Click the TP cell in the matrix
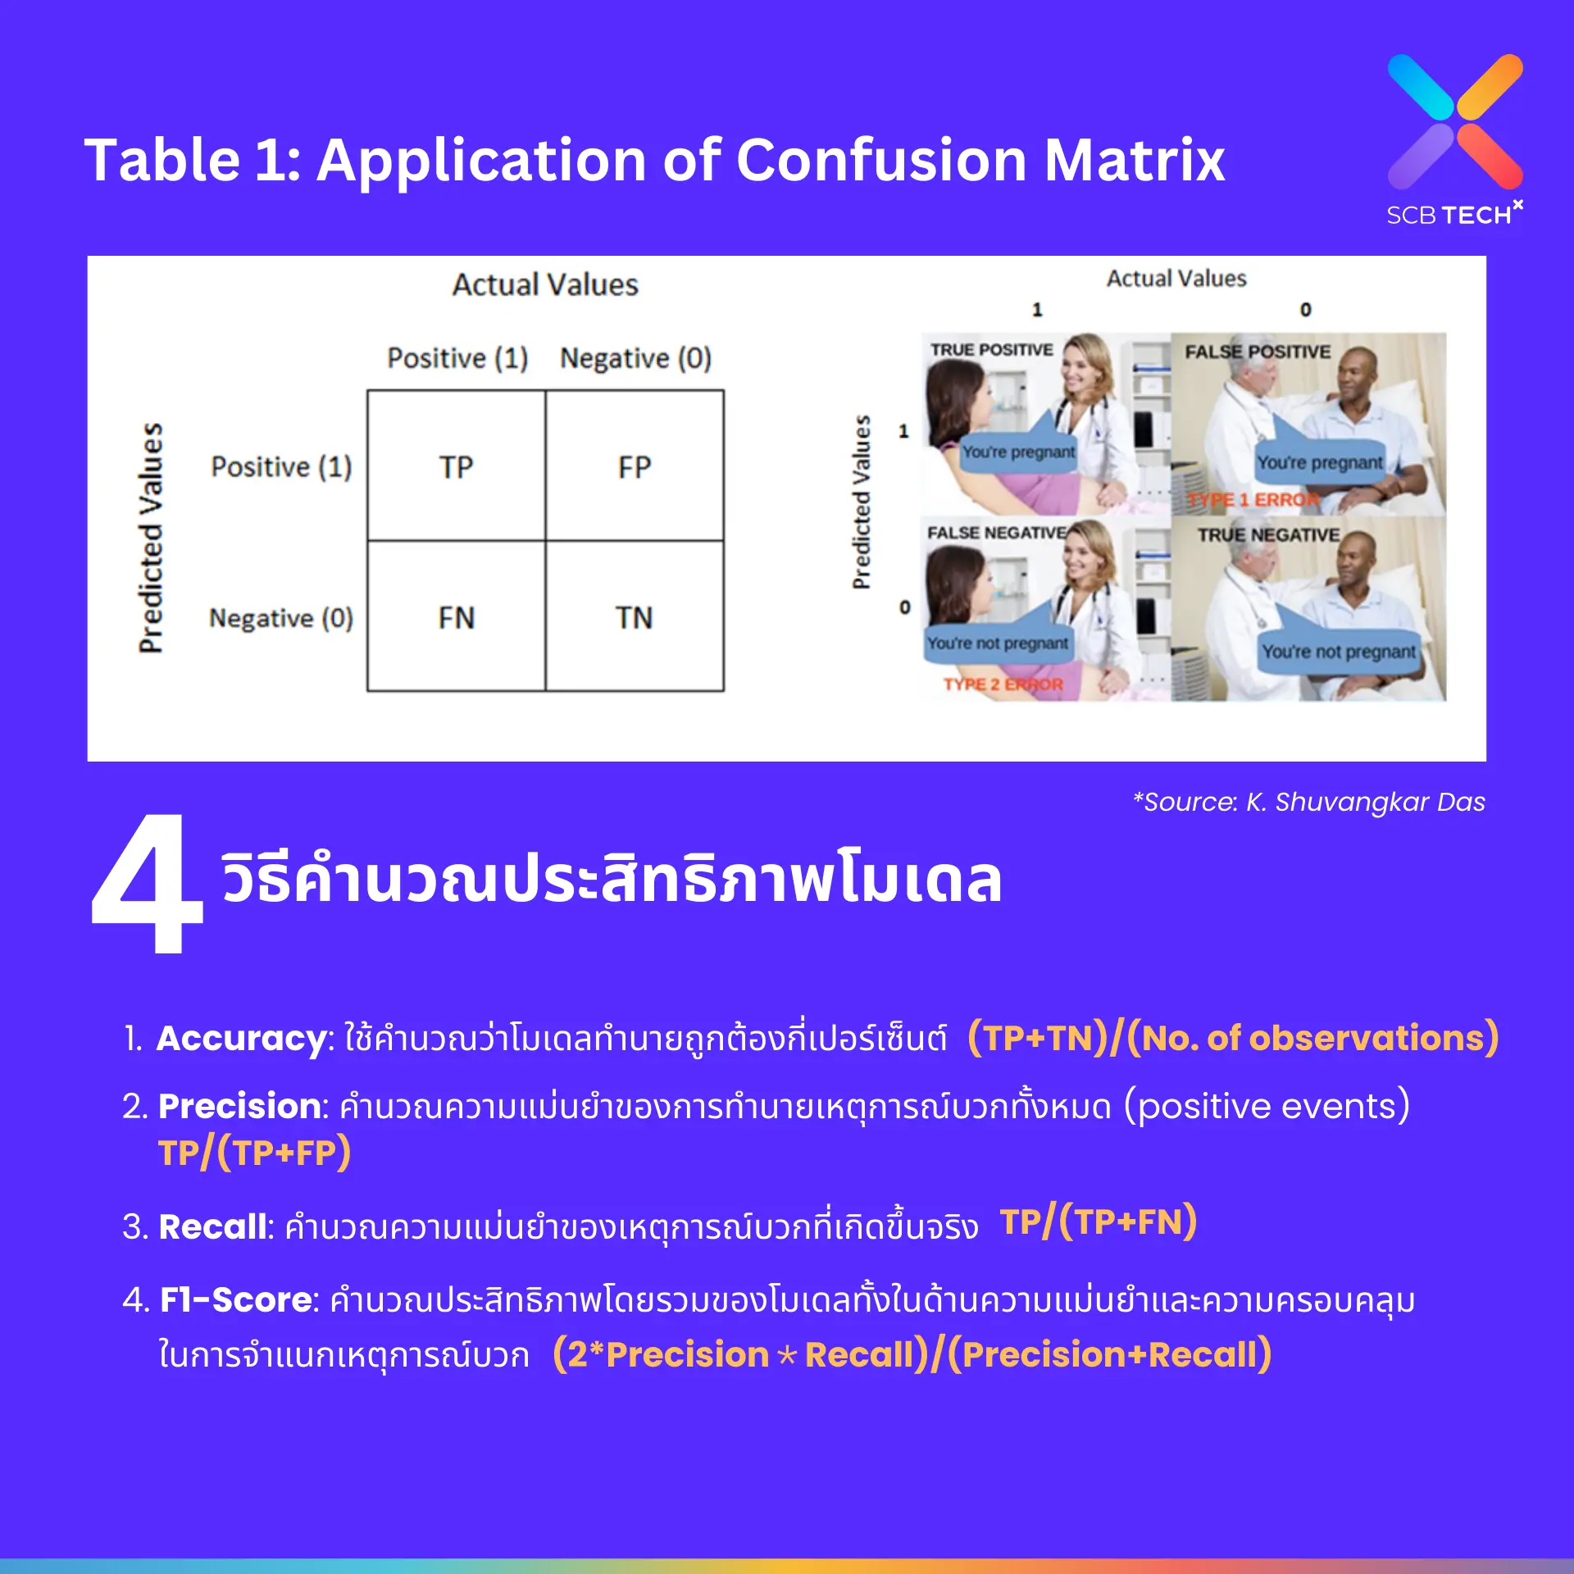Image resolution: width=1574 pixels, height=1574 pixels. pyautogui.click(x=456, y=467)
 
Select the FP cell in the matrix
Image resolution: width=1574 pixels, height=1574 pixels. pyautogui.click(x=634, y=467)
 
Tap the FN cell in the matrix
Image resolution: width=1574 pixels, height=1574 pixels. pyautogui.click(x=456, y=617)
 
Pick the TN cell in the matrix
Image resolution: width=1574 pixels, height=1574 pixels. pyautogui.click(x=634, y=617)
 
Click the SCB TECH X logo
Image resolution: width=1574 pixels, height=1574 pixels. pyautogui.click(x=1454, y=139)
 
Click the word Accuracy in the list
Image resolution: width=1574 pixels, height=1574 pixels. pyautogui.click(x=242, y=1039)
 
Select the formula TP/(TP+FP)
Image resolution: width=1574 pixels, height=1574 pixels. pyautogui.click(x=254, y=1153)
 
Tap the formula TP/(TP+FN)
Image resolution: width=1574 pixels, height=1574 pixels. pyautogui.click(x=1098, y=1222)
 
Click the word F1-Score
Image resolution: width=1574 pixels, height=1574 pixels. pyautogui.click(x=236, y=1299)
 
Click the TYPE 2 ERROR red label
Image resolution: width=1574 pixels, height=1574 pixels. pyautogui.click(x=1003, y=685)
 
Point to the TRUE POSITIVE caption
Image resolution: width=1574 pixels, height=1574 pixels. pyautogui.click(x=991, y=350)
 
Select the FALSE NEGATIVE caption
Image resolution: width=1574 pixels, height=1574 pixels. pyautogui.click(x=996, y=533)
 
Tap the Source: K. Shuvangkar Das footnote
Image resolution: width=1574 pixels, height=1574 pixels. pyautogui.click(x=1309, y=802)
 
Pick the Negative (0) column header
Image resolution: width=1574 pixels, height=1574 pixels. pyautogui.click(x=635, y=358)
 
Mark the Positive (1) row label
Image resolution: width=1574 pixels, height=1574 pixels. pyautogui.click(x=281, y=467)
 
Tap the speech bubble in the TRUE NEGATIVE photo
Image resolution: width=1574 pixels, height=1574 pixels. pyautogui.click(x=1338, y=652)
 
